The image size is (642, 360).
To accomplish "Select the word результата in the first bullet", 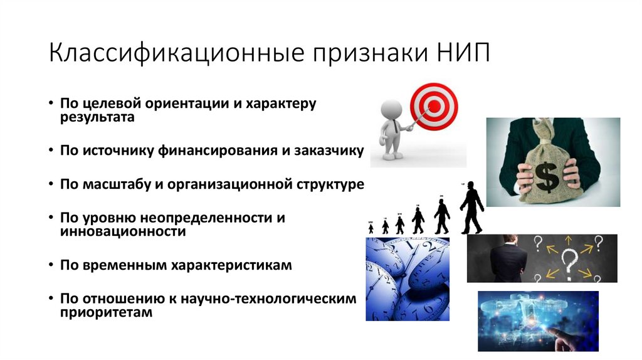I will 97,117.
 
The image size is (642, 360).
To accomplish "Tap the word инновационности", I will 123,232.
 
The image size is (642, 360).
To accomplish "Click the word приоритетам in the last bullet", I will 107,312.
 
